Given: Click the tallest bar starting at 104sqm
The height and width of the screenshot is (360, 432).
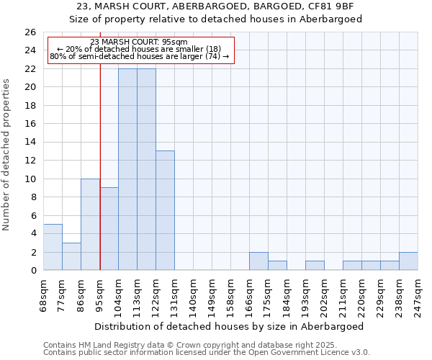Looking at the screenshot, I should [x=127, y=169].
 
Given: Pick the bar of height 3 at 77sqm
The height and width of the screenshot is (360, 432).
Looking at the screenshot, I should [x=71, y=256].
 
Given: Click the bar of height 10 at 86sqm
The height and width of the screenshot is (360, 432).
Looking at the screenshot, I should [x=90, y=224].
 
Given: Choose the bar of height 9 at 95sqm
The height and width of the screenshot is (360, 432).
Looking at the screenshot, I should [x=109, y=229].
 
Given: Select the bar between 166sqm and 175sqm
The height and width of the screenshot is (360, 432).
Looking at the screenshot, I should [x=258, y=261].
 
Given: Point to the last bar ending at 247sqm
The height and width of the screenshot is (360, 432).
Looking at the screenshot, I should [x=408, y=261].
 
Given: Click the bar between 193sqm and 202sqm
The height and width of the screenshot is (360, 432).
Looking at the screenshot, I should [x=315, y=266].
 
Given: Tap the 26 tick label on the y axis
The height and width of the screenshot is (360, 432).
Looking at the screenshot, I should [x=30, y=32].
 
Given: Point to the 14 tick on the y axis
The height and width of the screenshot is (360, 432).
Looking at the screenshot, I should [x=30, y=142].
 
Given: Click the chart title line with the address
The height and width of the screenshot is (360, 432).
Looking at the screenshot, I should [x=215, y=6].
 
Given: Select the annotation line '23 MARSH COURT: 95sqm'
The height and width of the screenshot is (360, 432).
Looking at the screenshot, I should [x=140, y=42].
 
